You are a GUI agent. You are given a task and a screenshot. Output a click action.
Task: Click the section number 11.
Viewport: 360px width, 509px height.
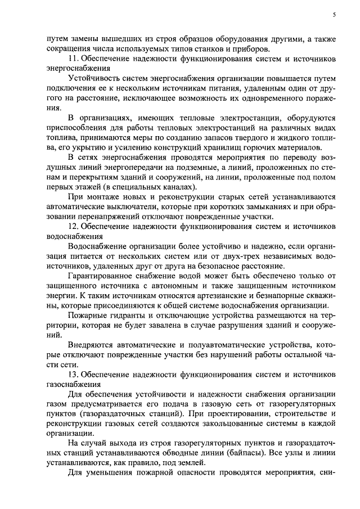tap(72, 59)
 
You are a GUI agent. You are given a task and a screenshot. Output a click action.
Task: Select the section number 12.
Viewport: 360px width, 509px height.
tap(72, 226)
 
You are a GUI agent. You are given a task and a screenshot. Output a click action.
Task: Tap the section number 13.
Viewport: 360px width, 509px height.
tap(72, 374)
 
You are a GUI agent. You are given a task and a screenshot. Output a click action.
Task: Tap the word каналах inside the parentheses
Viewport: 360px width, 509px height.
tap(179, 186)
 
